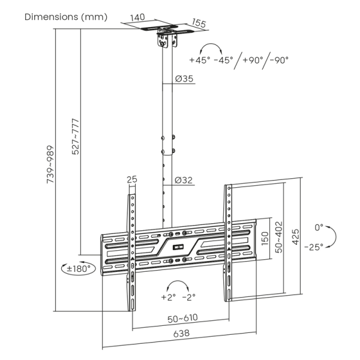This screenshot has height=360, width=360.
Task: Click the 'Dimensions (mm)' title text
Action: pyautogui.click(x=66, y=16)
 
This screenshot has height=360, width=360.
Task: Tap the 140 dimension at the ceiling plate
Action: pyautogui.click(x=138, y=18)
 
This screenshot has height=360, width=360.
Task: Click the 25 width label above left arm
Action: pyautogui.click(x=132, y=179)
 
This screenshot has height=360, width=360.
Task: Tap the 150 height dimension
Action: pyautogui.click(x=265, y=237)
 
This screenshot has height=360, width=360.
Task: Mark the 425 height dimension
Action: pyautogui.click(x=295, y=236)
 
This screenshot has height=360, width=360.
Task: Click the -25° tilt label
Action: pyautogui.click(x=313, y=247)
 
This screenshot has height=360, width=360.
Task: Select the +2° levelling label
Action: pyautogui.click(x=167, y=296)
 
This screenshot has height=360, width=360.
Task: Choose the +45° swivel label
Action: pyautogui.click(x=200, y=60)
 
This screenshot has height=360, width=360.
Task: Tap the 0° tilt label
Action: pyautogui.click(x=319, y=227)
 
